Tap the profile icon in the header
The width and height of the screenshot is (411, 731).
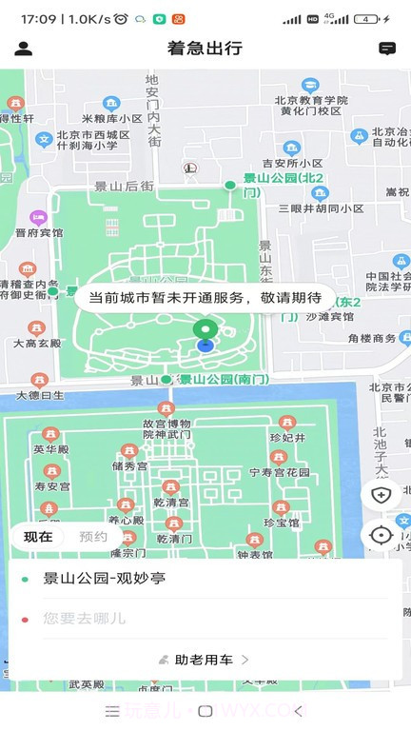point(24,49)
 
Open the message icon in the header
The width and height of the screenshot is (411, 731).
point(387,49)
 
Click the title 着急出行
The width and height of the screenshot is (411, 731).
point(205,49)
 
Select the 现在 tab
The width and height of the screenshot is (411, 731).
point(38,536)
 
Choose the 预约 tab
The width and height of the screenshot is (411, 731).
point(92,536)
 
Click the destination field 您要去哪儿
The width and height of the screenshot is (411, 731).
point(85,619)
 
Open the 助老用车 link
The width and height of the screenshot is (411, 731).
point(205,660)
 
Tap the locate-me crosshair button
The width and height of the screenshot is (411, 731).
point(382,535)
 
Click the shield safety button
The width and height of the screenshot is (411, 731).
point(382,495)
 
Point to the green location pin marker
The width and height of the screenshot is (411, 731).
point(205,329)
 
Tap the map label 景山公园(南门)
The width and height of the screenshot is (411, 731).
point(225,379)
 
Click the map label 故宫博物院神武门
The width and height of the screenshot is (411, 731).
point(166,427)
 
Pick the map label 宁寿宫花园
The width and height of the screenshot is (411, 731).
point(279,472)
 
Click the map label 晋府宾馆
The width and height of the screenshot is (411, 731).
point(39,231)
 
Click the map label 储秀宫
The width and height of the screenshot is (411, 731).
point(129,466)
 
